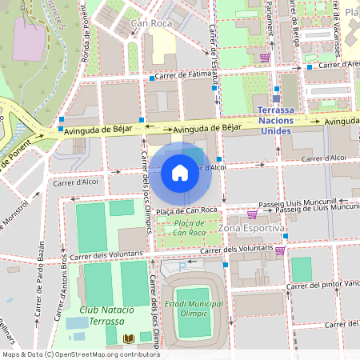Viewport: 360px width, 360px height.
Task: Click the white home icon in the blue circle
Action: [x=180, y=172]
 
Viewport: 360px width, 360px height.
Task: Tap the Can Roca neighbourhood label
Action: [x=151, y=24]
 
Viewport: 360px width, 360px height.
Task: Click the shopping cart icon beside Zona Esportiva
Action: [x=253, y=214]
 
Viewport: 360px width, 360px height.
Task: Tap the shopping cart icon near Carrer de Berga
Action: [x=265, y=58]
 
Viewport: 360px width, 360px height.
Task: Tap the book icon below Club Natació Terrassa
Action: [x=130, y=339]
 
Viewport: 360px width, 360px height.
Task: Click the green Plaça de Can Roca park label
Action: [x=186, y=227]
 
